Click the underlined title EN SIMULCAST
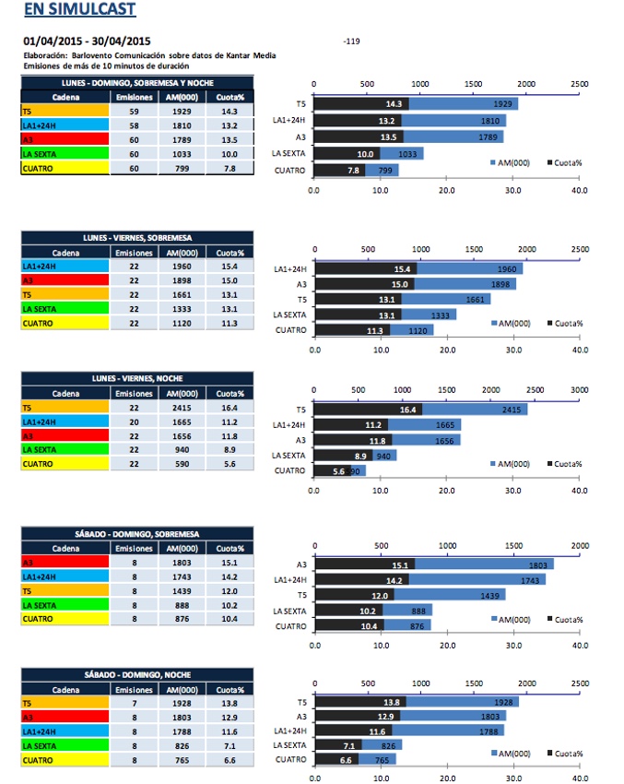pos(79,10)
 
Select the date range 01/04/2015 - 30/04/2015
pos(87,42)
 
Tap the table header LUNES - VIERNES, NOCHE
pos(136,378)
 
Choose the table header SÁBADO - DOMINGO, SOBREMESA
pos(136,534)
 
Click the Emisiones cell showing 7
pos(135,703)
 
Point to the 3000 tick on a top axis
pos(579,390)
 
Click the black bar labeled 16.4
pos(368,409)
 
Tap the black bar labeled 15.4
pos(365,268)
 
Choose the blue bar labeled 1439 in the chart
pos(449,595)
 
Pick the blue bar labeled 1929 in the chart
pos(463,104)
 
